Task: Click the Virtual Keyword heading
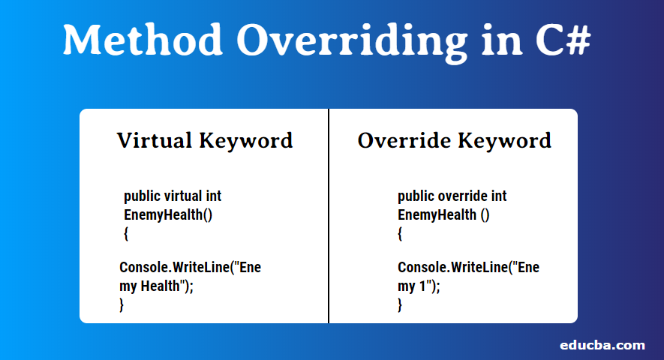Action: (204, 140)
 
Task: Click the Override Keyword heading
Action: (454, 140)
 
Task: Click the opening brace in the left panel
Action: (126, 234)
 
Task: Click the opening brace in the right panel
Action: (401, 234)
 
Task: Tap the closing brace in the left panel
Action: (122, 304)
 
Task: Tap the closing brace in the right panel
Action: (401, 304)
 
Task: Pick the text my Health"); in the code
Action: (157, 286)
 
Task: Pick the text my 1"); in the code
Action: (419, 286)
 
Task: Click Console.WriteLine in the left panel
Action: (173, 268)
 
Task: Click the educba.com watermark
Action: (602, 345)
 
